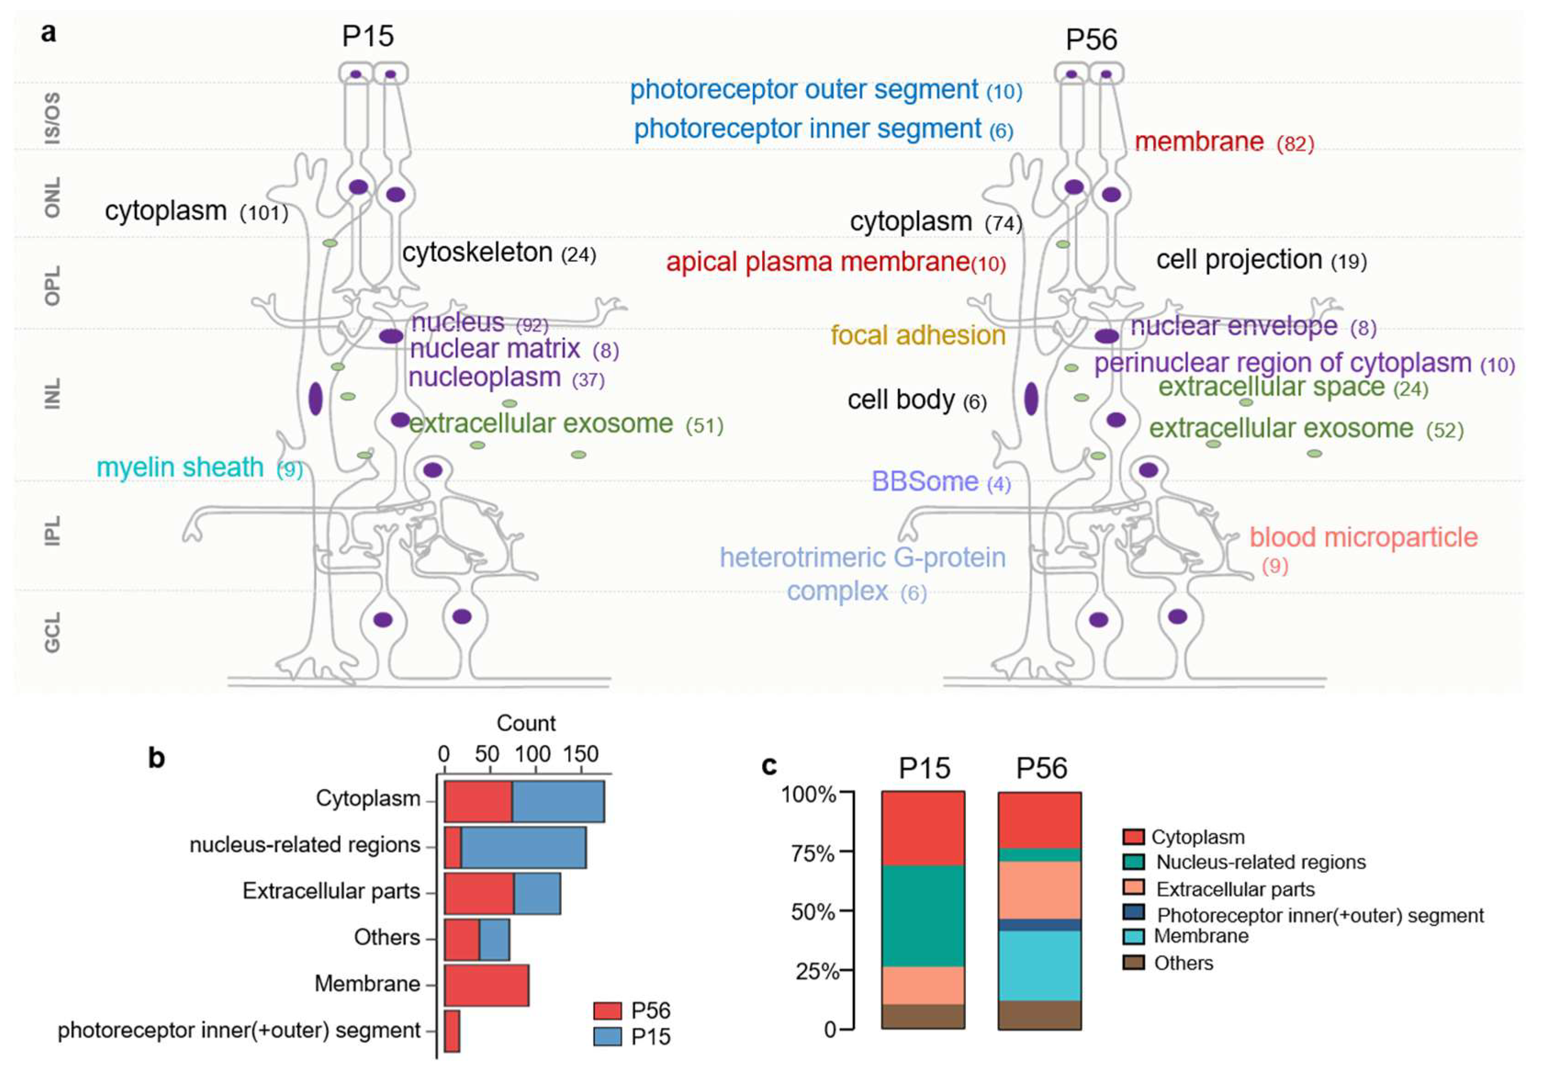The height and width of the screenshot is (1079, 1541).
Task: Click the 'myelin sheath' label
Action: (180, 467)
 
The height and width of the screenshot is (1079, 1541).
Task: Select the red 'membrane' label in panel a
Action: (1199, 142)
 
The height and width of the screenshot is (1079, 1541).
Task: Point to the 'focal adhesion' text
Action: (918, 335)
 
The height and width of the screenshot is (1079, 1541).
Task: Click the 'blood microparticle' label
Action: (1363, 537)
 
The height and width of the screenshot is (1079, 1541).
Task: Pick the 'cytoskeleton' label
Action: (477, 253)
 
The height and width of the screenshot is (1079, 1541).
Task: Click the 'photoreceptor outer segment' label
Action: (803, 89)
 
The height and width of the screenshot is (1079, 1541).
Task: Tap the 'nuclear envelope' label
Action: (1233, 326)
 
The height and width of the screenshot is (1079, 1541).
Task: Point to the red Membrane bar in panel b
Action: (487, 985)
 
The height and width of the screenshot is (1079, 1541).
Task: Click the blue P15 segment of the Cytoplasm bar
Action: (558, 801)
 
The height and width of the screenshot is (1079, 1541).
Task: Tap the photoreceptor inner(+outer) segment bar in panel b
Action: (452, 1031)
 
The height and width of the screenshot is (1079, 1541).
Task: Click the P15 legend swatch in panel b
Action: (607, 1037)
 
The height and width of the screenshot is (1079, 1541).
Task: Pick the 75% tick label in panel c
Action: (813, 854)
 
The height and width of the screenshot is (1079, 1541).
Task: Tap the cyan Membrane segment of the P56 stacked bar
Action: (1040, 966)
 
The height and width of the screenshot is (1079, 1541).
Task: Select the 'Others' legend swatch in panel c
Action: (1133, 963)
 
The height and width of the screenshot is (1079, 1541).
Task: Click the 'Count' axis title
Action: (526, 723)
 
